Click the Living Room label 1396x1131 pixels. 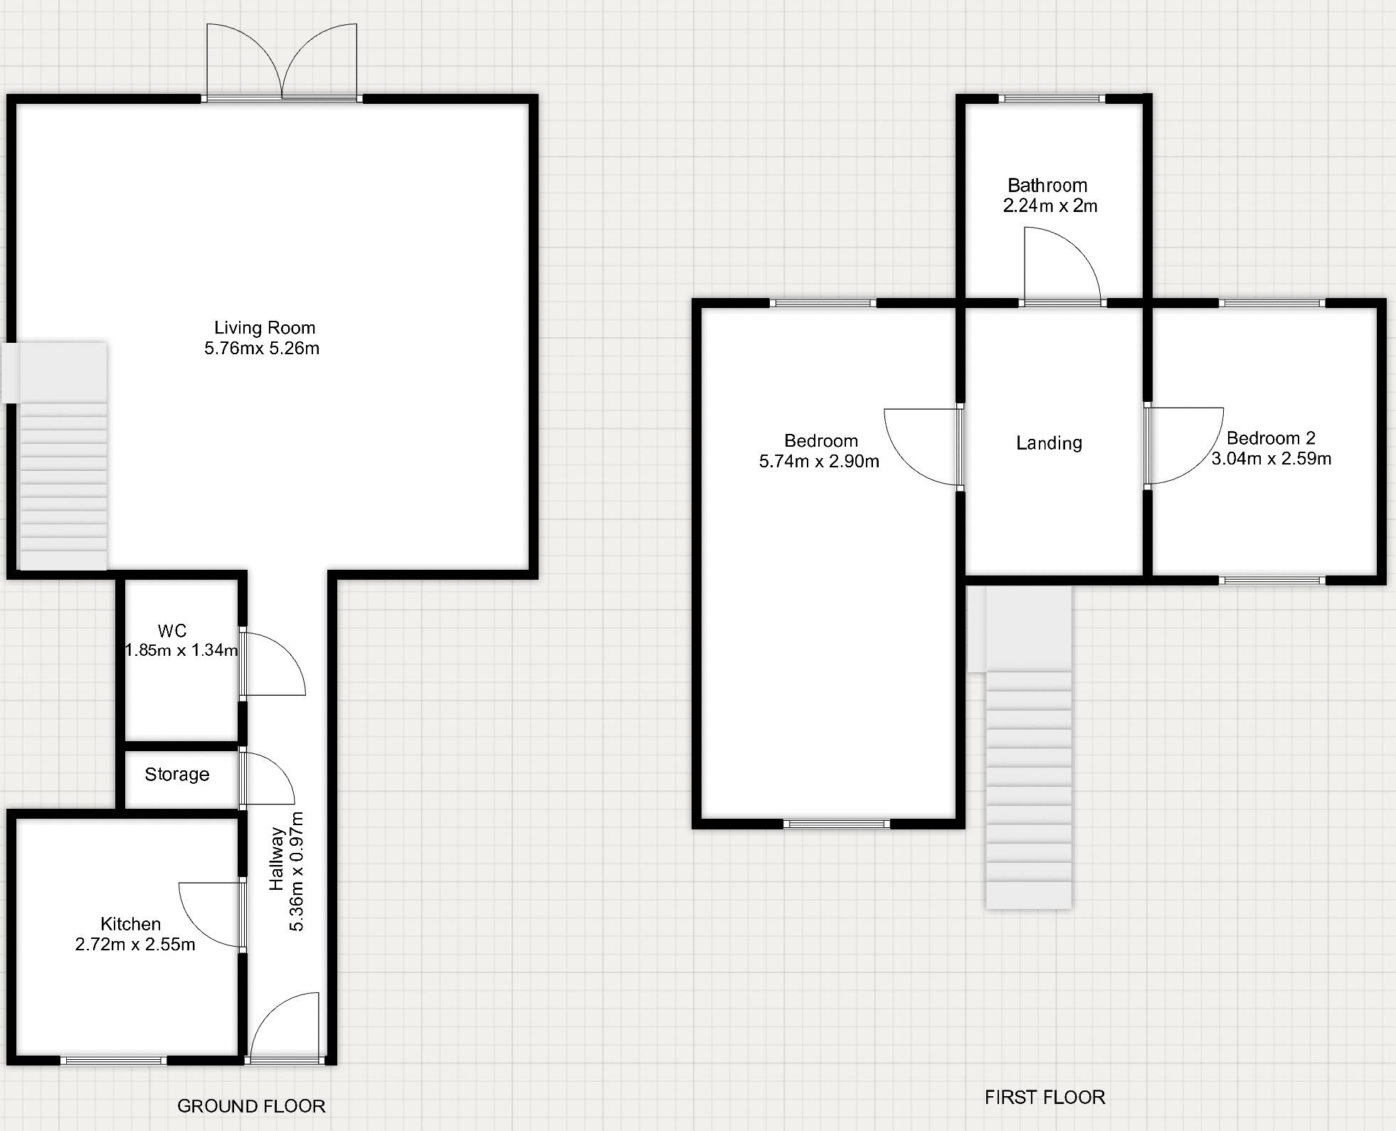point(265,328)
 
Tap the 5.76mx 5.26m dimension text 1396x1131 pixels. point(262,349)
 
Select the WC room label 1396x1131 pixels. point(172,631)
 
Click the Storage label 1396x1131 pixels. point(177,775)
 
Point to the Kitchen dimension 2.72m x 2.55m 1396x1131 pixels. point(135,945)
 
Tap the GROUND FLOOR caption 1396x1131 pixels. point(251,1106)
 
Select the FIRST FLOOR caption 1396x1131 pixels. point(1045,1098)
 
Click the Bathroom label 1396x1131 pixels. point(1047,186)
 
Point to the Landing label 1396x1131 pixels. point(1049,443)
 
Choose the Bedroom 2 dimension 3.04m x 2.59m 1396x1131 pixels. point(1271,459)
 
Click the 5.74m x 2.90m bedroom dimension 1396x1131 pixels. point(819,462)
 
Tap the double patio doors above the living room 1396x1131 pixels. point(282,64)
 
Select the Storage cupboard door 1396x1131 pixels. point(268,777)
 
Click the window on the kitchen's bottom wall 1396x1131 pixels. point(113,1061)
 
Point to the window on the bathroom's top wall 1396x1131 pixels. point(1052,99)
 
